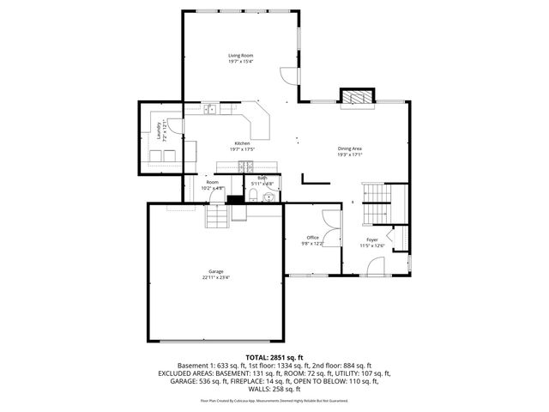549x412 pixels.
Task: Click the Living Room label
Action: (240, 56)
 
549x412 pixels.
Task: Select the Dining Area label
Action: (349, 148)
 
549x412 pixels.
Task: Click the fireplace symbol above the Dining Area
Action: (358, 97)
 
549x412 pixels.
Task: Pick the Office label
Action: (312, 238)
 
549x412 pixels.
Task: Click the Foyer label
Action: (371, 239)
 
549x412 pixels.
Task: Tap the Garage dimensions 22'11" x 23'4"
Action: (215, 277)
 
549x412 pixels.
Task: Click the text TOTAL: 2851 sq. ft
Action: (274, 356)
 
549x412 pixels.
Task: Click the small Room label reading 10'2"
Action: (211, 182)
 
